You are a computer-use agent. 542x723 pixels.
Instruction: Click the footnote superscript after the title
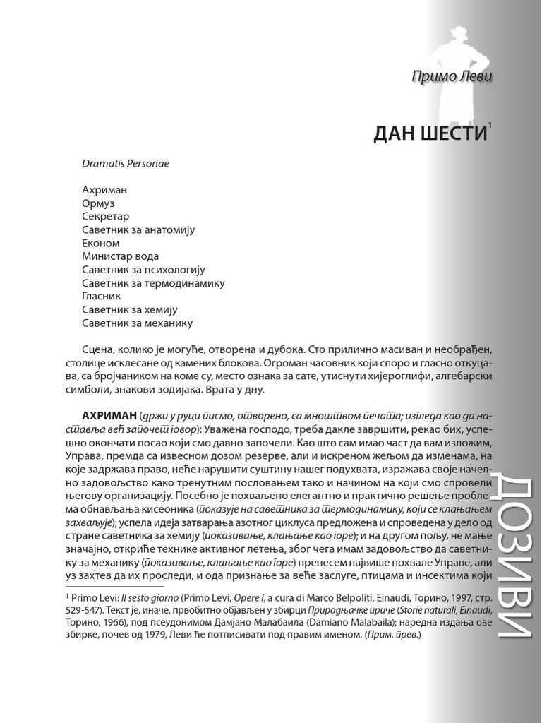click(x=490, y=125)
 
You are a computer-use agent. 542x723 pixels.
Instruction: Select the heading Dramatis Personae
click(x=125, y=163)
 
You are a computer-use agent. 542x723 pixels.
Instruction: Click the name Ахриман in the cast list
click(x=104, y=190)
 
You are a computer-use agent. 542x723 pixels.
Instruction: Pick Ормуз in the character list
click(x=98, y=203)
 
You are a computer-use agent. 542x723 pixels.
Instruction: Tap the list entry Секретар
click(x=106, y=217)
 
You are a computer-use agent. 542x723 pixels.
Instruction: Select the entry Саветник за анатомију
click(x=138, y=230)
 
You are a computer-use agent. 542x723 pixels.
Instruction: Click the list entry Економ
click(x=101, y=244)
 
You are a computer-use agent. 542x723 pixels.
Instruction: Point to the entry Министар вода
click(x=121, y=257)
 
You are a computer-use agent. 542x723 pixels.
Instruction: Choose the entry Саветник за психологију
click(x=143, y=270)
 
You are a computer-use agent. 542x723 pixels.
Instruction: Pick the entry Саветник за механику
click(x=138, y=324)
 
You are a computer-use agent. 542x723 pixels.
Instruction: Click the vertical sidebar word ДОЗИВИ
click(x=512, y=557)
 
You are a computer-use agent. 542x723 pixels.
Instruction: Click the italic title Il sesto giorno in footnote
click(x=147, y=597)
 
